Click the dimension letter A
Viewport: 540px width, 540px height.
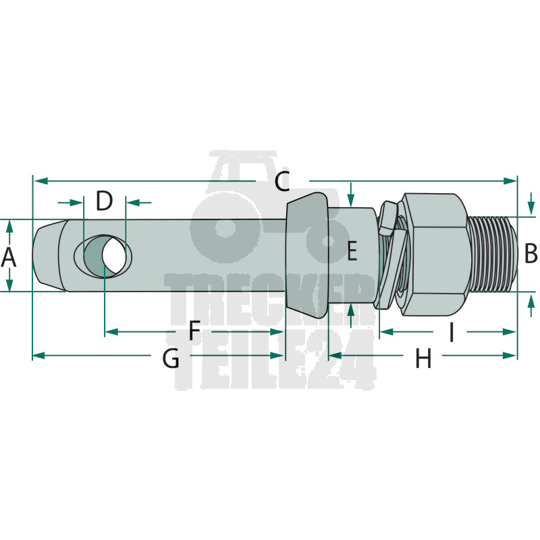click(x=8, y=257)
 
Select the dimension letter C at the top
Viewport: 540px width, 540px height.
click(x=282, y=181)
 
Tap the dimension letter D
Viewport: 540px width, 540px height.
click(x=104, y=201)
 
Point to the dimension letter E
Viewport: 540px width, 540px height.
click(x=352, y=250)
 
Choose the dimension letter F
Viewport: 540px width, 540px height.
click(x=194, y=330)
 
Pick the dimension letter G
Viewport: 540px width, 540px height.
click(x=171, y=358)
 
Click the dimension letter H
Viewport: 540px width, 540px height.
click(x=423, y=358)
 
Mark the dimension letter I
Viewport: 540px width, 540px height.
click(x=451, y=331)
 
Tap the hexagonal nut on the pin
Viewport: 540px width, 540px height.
click(x=435, y=254)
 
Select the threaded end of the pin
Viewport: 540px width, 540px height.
click(x=493, y=254)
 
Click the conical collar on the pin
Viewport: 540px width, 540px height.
click(x=306, y=255)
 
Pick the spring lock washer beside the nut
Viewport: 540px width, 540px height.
click(x=392, y=255)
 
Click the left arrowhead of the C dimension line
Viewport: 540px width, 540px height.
click(x=41, y=181)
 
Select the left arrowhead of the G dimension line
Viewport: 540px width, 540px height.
click(x=39, y=356)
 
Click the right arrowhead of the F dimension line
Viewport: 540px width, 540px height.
click(x=277, y=331)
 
